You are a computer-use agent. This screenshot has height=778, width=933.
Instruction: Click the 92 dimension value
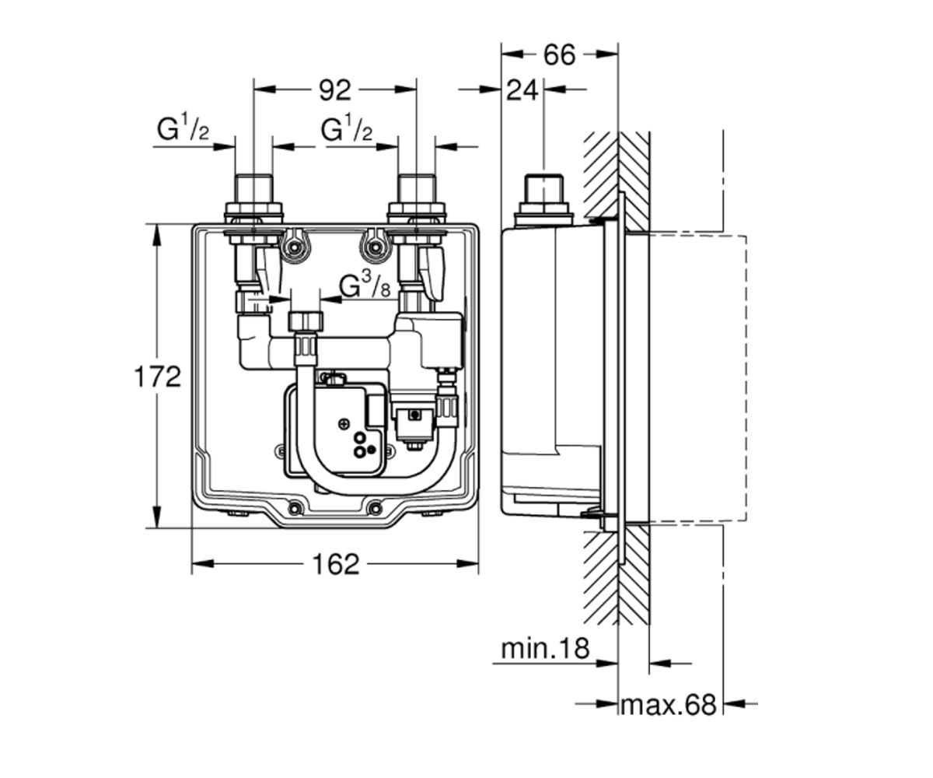[334, 91]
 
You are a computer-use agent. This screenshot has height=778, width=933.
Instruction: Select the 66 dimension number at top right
[559, 56]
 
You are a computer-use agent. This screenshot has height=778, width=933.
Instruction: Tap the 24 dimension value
[522, 91]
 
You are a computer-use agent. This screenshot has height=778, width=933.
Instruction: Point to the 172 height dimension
[157, 377]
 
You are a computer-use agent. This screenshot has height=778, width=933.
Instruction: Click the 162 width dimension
[336, 564]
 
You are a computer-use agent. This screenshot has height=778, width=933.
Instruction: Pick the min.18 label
[545, 649]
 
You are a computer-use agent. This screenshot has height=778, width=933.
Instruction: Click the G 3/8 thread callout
[365, 286]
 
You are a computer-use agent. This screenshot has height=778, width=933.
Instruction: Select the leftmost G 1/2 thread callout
[183, 129]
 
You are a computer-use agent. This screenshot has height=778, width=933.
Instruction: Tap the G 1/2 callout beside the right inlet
[346, 129]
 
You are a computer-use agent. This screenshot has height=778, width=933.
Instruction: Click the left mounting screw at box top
[294, 247]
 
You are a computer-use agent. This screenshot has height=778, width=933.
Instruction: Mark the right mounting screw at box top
[376, 247]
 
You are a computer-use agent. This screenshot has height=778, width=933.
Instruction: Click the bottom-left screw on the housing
[295, 507]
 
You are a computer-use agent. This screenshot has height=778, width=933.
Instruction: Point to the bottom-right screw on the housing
[376, 507]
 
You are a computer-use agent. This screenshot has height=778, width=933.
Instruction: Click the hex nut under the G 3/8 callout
[306, 321]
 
